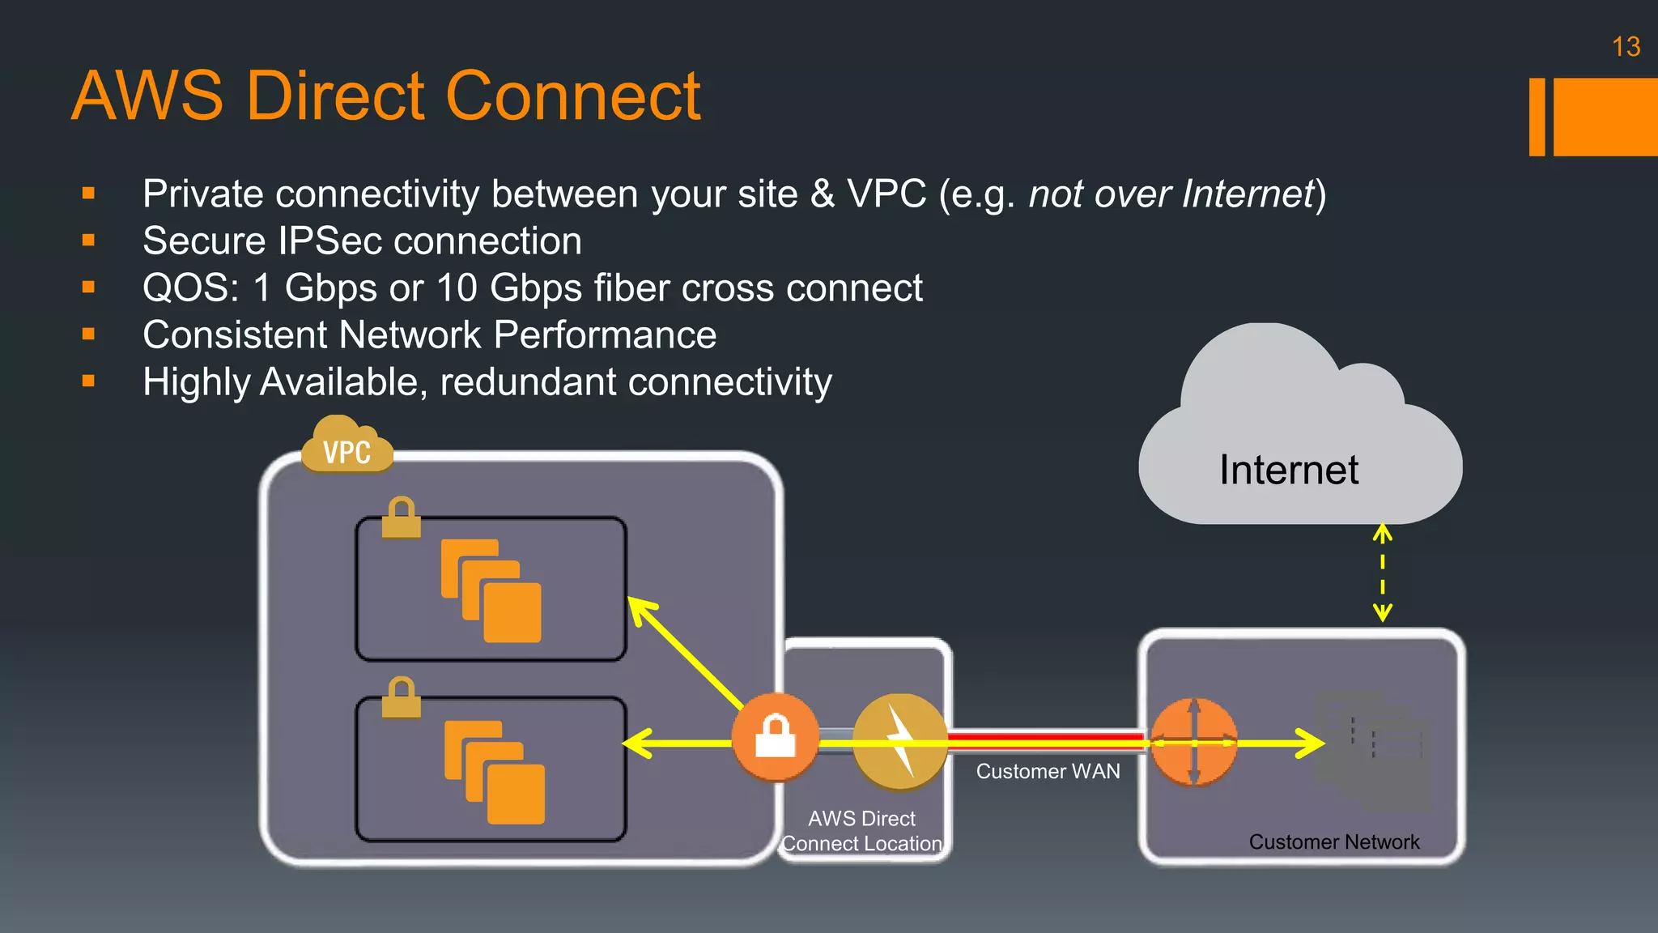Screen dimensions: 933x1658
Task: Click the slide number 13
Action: [x=1626, y=47]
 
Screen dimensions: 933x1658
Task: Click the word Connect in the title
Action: [x=572, y=96]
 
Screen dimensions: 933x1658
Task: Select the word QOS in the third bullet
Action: [x=189, y=288]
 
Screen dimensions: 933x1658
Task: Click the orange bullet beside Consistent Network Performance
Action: [x=88, y=334]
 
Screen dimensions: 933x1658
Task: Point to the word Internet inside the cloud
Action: [x=1289, y=470]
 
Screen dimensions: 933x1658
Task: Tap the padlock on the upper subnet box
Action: [x=401, y=518]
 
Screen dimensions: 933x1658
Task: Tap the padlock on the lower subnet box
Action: [x=401, y=697]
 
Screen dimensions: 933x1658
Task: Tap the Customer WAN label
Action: [x=1048, y=771]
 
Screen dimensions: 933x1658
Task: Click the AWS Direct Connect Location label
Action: [x=861, y=831]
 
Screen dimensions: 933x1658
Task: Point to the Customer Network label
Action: [x=1333, y=842]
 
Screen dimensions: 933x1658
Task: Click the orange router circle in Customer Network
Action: [x=1193, y=742]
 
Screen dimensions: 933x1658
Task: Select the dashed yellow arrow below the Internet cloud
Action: [x=1382, y=573]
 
